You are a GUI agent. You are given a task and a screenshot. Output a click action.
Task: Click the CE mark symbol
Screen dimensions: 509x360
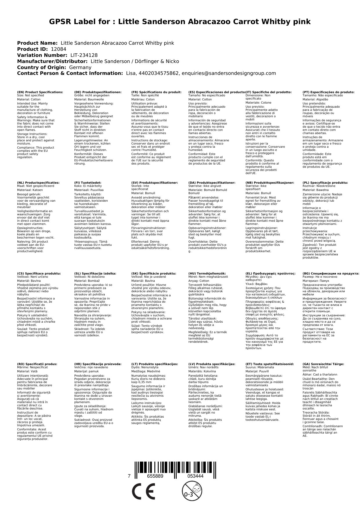pos(143,492)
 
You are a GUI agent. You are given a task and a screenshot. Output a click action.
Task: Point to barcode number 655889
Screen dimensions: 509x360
pos(155,476)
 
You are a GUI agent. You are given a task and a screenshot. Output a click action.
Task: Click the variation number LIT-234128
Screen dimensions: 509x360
pos(84,55)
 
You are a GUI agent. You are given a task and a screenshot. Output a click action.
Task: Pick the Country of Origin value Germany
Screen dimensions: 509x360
pos(80,67)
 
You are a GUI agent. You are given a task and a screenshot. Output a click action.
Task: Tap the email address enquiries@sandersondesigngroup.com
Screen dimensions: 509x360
pos(229,73)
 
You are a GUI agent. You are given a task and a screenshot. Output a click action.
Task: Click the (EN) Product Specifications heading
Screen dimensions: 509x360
pos(40,92)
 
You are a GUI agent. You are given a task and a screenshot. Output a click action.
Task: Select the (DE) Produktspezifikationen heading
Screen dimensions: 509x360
pos(98,92)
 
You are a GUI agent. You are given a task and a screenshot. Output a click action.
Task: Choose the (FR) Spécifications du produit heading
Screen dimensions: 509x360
pos(156,92)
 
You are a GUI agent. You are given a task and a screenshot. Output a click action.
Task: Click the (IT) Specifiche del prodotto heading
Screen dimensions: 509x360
pos(268,92)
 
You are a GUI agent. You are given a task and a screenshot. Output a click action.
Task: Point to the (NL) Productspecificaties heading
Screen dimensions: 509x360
pos(38,183)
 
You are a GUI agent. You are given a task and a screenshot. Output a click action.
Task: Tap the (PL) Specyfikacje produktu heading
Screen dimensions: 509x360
pos(325,183)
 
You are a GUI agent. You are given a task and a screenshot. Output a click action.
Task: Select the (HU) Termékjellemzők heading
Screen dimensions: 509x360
pos(207,273)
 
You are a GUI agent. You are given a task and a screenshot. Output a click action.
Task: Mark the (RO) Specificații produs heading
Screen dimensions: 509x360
pos(37,364)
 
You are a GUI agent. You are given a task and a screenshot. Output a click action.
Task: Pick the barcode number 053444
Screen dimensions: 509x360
pos(195,476)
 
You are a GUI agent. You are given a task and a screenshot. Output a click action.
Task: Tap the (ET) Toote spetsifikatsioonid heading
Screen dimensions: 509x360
pos(269,364)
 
